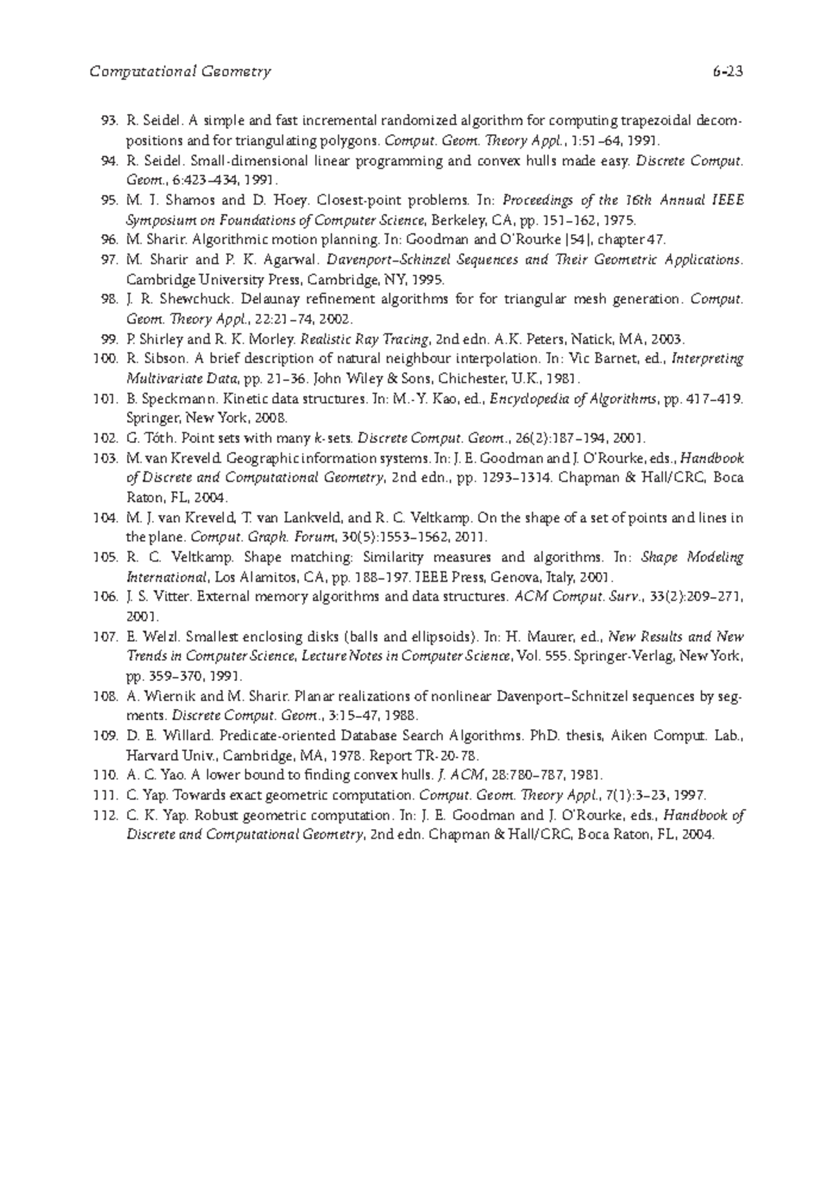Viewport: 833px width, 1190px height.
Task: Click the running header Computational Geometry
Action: (x=180, y=72)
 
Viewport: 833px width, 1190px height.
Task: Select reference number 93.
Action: (x=110, y=121)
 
